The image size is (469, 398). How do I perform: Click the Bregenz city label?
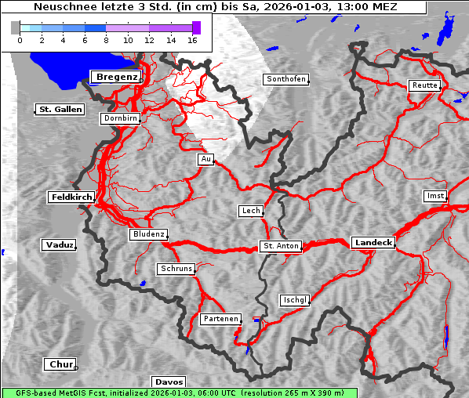pyautogui.click(x=116, y=77)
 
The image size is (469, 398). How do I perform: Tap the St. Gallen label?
pyautogui.click(x=60, y=110)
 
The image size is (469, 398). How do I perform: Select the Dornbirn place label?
pyautogui.click(x=121, y=119)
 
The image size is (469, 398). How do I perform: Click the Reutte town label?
pyautogui.click(x=424, y=85)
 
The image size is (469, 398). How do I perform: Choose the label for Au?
pyautogui.click(x=205, y=160)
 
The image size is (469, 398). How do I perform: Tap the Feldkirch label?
pyautogui.click(x=71, y=197)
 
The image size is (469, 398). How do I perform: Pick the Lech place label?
pyautogui.click(x=250, y=211)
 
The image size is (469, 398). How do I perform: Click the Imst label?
pyautogui.click(x=434, y=195)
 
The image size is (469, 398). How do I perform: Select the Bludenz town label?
pyautogui.click(x=148, y=234)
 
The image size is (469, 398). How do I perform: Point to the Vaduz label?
pyautogui.click(x=59, y=245)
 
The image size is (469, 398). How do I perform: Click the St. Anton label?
pyautogui.click(x=280, y=246)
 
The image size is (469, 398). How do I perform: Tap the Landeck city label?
pyautogui.click(x=373, y=243)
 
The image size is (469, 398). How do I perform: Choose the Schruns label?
pyautogui.click(x=176, y=269)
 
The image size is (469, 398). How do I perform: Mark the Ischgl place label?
pyautogui.click(x=295, y=300)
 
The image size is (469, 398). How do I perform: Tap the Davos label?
pyautogui.click(x=169, y=382)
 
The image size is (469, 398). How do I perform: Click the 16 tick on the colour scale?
pyautogui.click(x=192, y=40)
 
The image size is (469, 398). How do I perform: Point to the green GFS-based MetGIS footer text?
pyautogui.click(x=179, y=393)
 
